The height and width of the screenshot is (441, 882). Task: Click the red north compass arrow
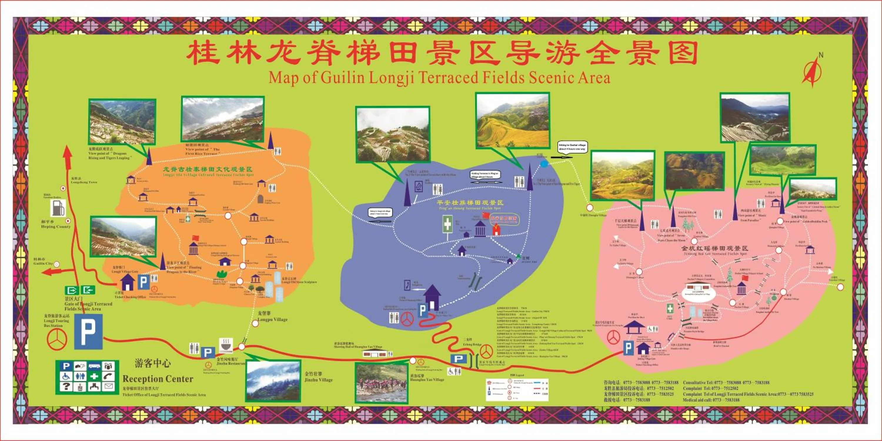click(812, 71)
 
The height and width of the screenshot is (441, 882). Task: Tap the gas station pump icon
click(58, 208)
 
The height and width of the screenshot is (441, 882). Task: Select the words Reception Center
click(158, 379)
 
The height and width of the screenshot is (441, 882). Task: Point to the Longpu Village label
click(273, 320)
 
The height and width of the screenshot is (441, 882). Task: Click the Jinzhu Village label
click(318, 380)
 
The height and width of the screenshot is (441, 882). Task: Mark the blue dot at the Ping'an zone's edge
click(544, 164)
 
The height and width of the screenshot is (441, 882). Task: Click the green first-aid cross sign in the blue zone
click(447, 224)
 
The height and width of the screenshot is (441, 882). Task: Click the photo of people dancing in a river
click(381, 383)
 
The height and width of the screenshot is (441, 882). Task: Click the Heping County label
click(56, 227)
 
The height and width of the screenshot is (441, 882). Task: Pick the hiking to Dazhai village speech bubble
click(572, 147)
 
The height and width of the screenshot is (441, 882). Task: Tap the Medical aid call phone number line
click(711, 400)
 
